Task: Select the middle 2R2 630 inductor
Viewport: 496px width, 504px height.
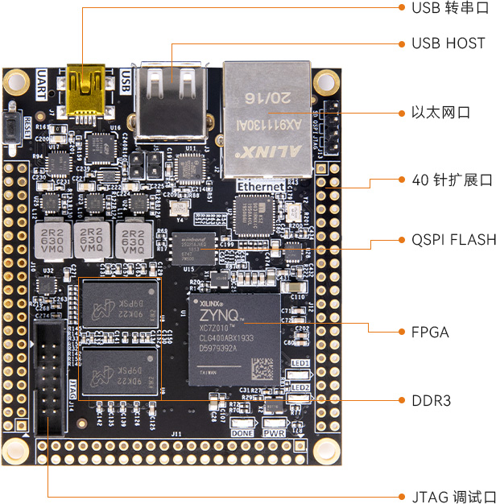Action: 93,238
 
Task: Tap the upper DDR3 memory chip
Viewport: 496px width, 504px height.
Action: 118,305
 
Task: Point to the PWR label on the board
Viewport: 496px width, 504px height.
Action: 274,432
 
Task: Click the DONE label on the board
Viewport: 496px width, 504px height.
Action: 242,432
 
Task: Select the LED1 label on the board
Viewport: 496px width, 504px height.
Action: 300,363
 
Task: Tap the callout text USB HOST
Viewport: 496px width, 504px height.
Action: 448,43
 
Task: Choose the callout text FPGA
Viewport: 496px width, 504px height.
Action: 430,331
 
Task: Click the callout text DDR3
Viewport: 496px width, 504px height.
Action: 431,400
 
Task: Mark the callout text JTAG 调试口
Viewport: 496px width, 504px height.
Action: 448,496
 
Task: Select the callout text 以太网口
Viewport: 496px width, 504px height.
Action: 440,112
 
